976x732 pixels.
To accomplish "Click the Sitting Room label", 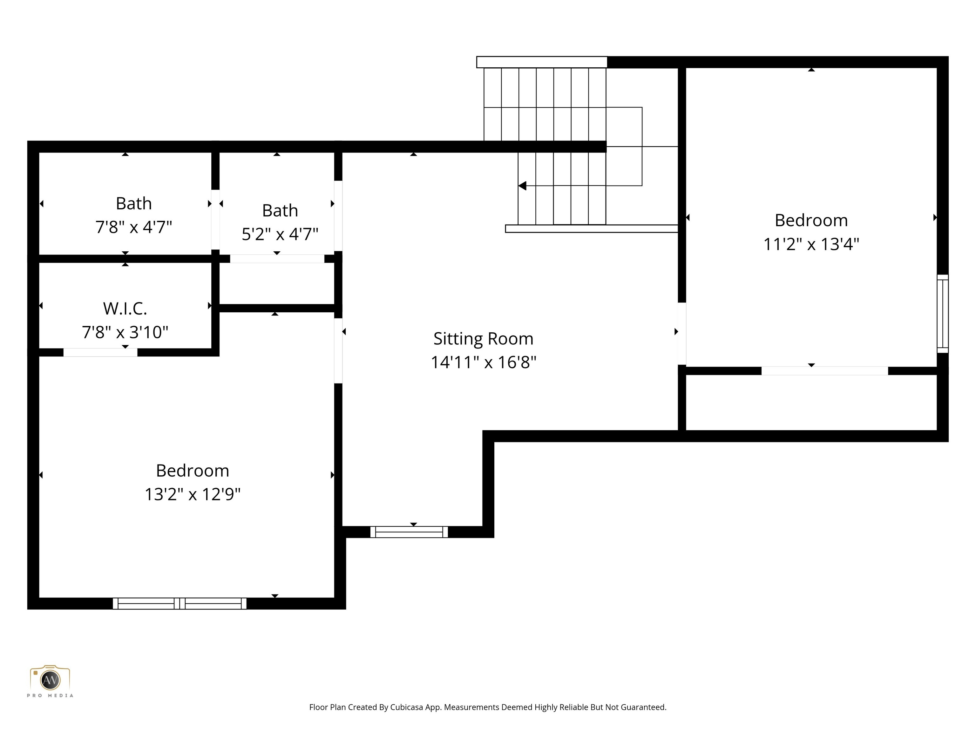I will click(x=483, y=339).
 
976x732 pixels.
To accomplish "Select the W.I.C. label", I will click(x=125, y=308).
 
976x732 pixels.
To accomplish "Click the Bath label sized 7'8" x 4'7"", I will click(x=134, y=203).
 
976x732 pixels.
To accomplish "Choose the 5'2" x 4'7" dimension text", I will click(x=280, y=234).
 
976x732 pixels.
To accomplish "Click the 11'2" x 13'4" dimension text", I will click(x=811, y=244).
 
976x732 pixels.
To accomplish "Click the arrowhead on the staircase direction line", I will click(x=522, y=186).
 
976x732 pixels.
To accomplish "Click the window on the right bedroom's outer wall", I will click(x=942, y=313).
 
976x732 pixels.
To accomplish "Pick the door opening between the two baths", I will click(x=215, y=219).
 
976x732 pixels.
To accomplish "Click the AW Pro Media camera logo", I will click(x=50, y=680).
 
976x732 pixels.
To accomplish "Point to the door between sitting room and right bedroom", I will click(x=682, y=333).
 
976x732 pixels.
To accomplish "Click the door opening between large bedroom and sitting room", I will click(x=338, y=350).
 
